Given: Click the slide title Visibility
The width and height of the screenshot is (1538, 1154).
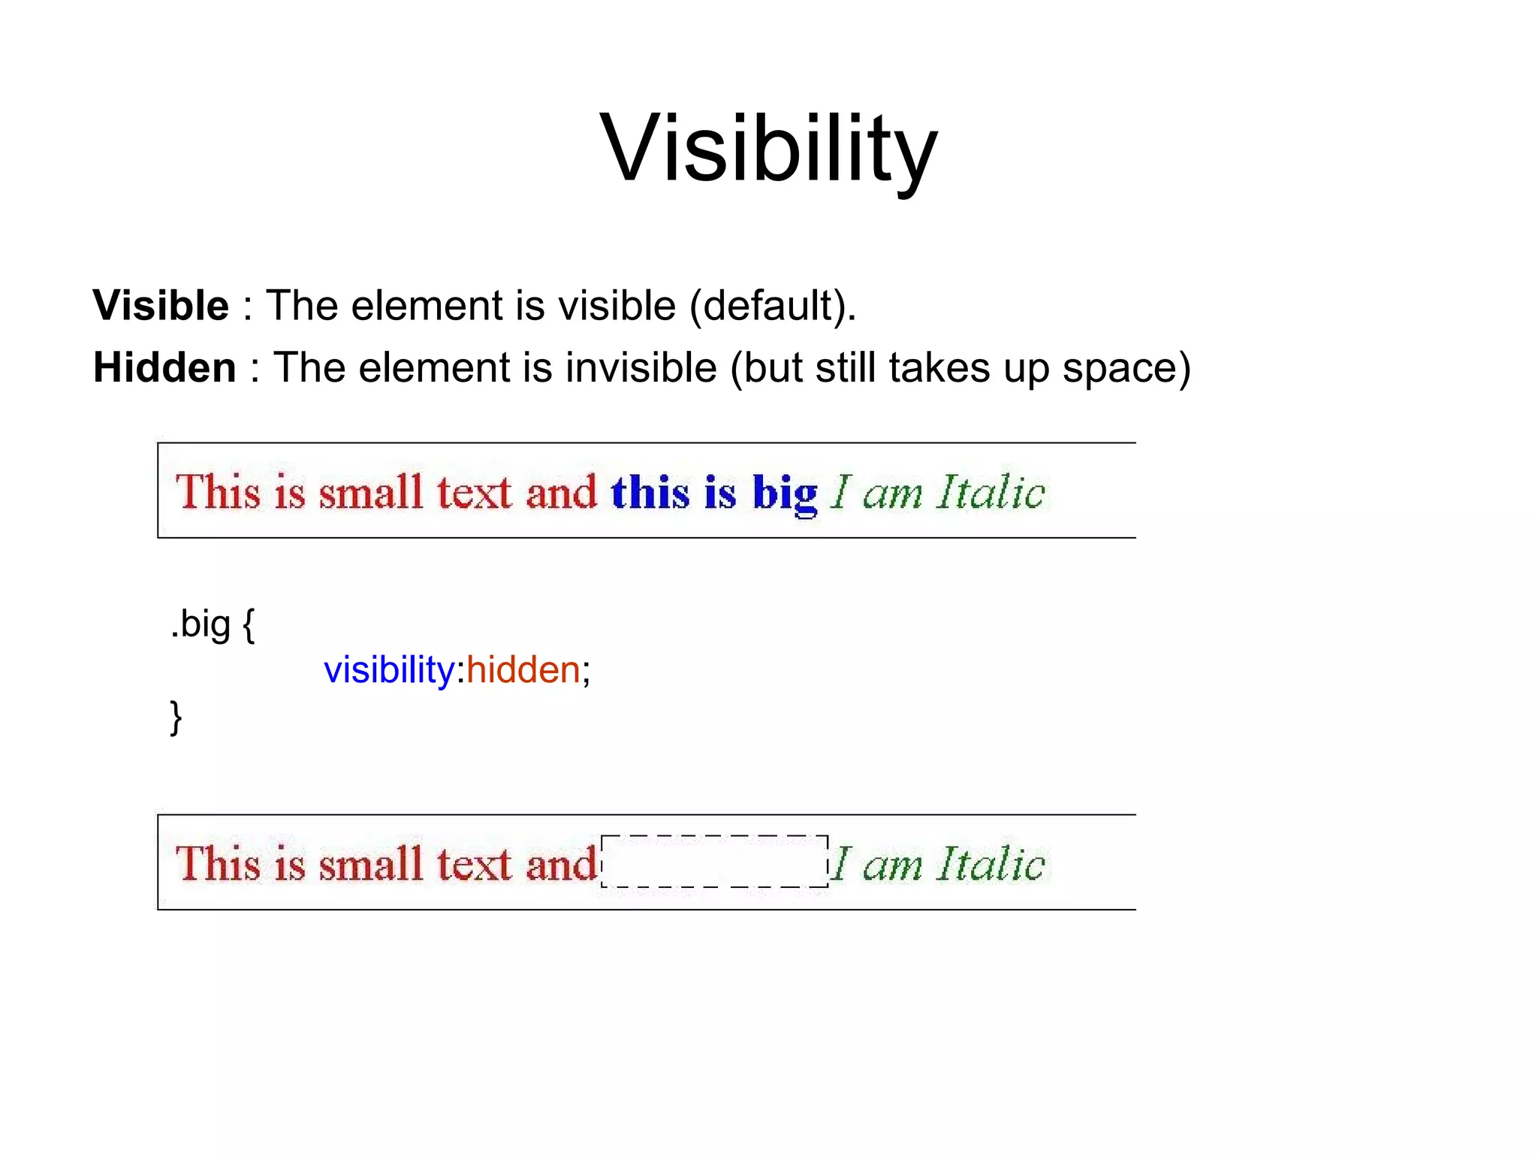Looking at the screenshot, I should tap(768, 149).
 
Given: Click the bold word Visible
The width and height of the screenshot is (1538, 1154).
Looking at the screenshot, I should tap(161, 306).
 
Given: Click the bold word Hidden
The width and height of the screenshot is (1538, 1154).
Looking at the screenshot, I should tap(164, 368).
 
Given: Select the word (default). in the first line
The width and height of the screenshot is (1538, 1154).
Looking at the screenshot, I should tap(773, 307).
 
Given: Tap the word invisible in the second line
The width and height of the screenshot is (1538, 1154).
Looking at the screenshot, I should tap(641, 368).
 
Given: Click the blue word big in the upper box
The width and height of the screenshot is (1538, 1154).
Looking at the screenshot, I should tap(785, 494).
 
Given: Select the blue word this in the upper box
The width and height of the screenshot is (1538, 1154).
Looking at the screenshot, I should tap(650, 493).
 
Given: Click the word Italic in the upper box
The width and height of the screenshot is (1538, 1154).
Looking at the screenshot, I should tap(991, 493).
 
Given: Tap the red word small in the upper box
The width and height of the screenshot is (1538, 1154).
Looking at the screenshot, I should tap(370, 493).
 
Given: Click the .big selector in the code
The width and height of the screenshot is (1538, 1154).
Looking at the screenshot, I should tap(201, 624).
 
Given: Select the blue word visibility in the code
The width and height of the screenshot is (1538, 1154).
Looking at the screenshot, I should tap(388, 669).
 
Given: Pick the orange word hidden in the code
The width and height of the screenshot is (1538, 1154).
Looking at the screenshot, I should tap(523, 669).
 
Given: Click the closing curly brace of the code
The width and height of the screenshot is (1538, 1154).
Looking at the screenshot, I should tap(176, 717).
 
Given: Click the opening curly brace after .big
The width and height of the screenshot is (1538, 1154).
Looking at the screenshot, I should tap(249, 624).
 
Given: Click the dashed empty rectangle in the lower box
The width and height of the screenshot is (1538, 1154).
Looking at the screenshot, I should tap(714, 861).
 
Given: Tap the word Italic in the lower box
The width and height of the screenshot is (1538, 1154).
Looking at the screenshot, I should tap(991, 863).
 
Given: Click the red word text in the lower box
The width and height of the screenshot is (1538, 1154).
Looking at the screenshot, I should tap(474, 863).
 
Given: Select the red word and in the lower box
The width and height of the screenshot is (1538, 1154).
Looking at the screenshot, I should tap(560, 863).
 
